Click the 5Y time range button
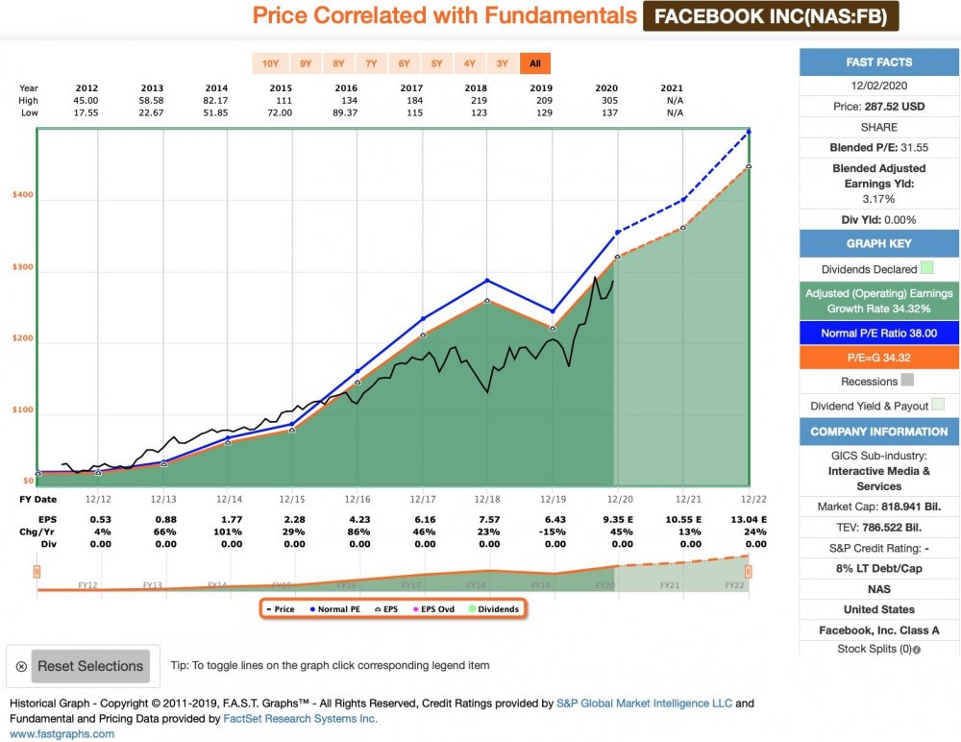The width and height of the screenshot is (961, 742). coord(436,64)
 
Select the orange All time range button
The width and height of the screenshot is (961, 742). coord(534,64)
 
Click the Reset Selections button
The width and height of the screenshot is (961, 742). coord(89,666)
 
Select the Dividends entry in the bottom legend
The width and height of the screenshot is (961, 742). coord(495,609)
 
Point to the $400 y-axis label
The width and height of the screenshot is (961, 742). coord(21,195)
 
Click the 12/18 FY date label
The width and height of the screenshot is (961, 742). coord(488,500)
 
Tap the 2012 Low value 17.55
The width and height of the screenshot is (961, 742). coord(86,112)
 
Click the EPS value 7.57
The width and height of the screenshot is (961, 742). coord(488,521)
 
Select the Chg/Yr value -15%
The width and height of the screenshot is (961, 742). coord(554,532)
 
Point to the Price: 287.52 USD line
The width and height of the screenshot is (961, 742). coord(879,107)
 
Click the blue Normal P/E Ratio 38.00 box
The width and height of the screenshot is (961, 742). coord(879,333)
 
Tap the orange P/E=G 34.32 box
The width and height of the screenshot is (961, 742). coord(879,357)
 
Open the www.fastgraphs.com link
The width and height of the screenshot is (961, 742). coord(62,733)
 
